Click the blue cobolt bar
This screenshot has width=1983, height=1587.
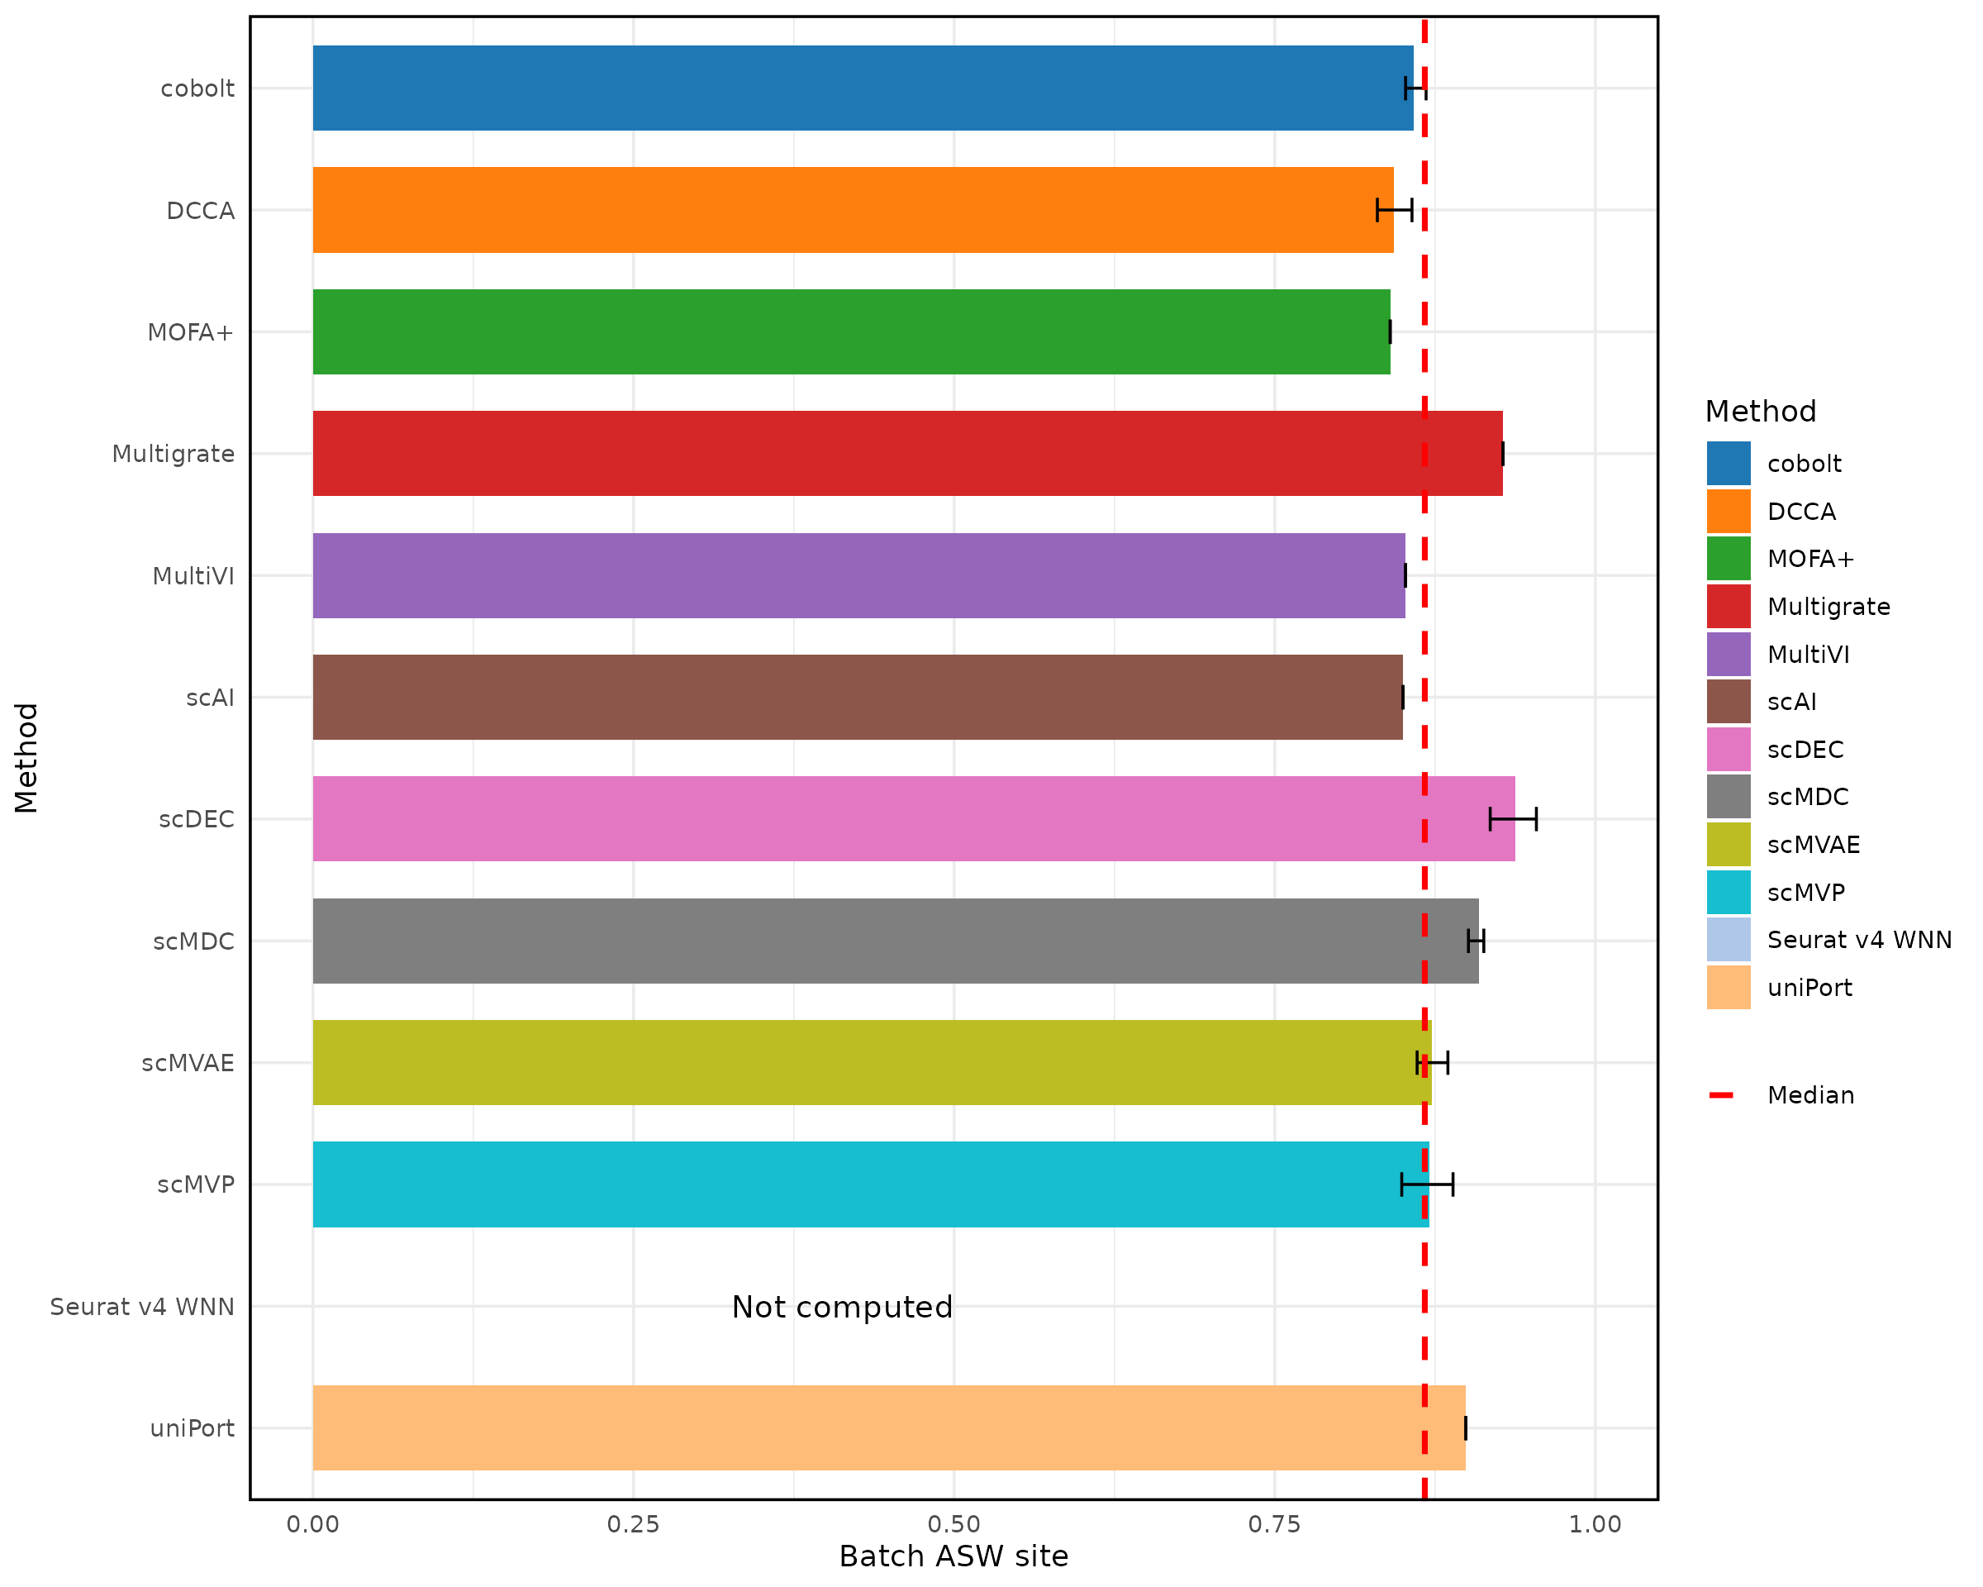[x=862, y=88]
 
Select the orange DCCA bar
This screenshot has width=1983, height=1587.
[x=853, y=210]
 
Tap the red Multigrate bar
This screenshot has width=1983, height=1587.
[x=907, y=454]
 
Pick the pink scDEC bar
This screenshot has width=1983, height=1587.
[x=913, y=819]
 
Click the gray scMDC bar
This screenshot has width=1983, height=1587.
[x=895, y=941]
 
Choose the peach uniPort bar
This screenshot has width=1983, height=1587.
[x=888, y=1427]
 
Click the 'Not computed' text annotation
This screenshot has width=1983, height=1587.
[x=842, y=1307]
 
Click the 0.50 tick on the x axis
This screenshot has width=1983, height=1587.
[x=953, y=1524]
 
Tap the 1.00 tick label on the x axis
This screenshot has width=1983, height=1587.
[x=1595, y=1524]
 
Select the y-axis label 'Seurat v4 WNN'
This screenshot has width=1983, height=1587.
[x=143, y=1307]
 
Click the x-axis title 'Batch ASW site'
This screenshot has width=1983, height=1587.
[x=953, y=1556]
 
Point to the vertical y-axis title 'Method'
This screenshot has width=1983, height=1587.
[x=26, y=758]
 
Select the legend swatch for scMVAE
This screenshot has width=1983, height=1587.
[x=1729, y=845]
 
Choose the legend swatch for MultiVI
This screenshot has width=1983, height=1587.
[x=1729, y=654]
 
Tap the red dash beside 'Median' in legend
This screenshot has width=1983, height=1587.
[x=1721, y=1095]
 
